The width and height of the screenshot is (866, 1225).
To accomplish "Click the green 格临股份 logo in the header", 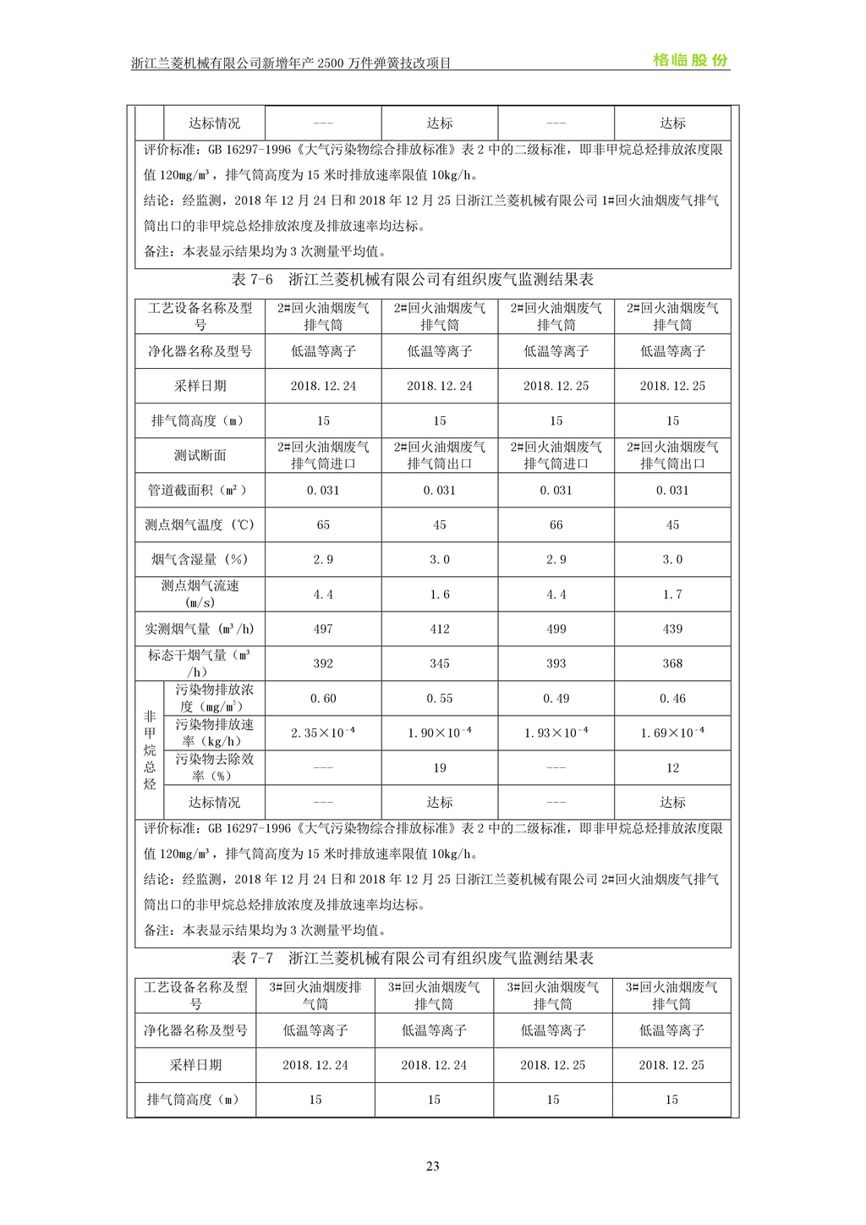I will click(x=690, y=60).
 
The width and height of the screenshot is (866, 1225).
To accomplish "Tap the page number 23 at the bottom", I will click(x=433, y=1166).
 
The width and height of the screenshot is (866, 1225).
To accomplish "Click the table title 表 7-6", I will click(x=412, y=280).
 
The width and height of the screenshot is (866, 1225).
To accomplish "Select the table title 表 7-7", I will click(x=412, y=959).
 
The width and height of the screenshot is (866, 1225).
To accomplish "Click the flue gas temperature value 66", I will click(x=556, y=525).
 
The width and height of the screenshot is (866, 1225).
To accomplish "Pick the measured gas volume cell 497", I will click(x=323, y=629).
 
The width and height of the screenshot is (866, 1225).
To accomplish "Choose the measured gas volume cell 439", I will click(x=672, y=629).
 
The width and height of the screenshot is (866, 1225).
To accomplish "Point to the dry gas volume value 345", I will click(x=440, y=664).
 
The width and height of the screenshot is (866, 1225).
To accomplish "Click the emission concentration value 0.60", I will click(x=323, y=699).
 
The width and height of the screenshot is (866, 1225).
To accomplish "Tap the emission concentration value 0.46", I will click(x=672, y=699).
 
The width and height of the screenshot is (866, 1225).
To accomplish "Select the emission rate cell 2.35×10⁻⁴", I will click(x=323, y=733).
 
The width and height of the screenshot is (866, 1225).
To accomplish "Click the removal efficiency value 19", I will click(x=440, y=768).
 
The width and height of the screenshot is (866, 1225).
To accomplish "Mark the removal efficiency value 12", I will click(x=672, y=768).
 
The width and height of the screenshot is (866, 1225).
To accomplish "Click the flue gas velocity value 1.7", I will click(x=672, y=595).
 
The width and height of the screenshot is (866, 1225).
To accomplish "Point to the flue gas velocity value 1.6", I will click(x=440, y=595).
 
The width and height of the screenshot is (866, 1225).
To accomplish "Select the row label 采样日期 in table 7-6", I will click(x=200, y=386).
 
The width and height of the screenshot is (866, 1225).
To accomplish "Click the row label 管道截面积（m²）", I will click(x=200, y=491).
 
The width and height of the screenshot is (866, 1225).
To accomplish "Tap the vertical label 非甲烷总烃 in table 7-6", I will click(x=150, y=750).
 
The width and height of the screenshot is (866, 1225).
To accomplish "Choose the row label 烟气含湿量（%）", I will click(x=200, y=560).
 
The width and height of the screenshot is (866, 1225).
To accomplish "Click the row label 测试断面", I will click(x=200, y=455).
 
